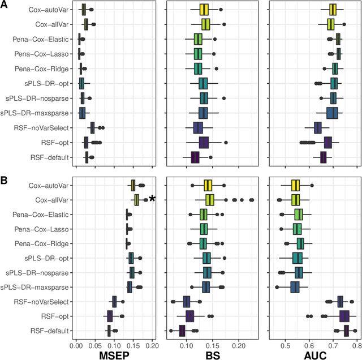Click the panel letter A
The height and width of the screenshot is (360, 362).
pos(4,5)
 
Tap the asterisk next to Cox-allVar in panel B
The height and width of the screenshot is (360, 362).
pos(152,199)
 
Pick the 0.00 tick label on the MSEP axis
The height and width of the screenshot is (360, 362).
pos(76,344)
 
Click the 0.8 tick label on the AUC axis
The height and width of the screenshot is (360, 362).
pos(357,344)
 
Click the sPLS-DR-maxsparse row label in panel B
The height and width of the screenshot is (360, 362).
pos(37,287)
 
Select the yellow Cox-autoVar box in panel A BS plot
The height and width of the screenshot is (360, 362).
pos(204,9)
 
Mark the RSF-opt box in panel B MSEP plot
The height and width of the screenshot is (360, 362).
pos(110,316)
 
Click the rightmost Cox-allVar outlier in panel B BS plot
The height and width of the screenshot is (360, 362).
pos(252,200)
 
